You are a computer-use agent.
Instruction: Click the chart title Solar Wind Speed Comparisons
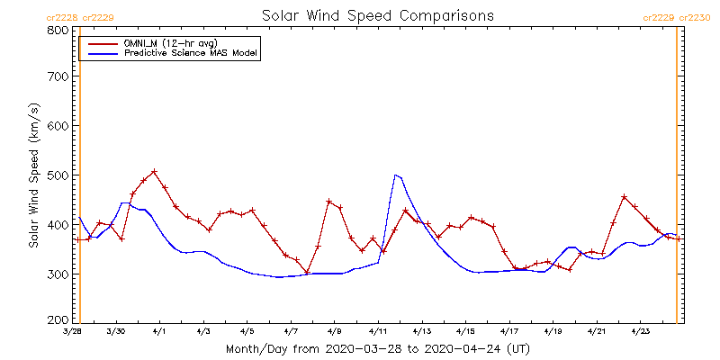click(378, 16)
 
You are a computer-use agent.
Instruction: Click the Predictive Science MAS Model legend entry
click(191, 54)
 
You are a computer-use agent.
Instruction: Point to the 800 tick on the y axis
click(58, 30)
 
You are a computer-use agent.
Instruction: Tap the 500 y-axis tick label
click(58, 175)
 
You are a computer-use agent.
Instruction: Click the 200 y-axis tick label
click(58, 319)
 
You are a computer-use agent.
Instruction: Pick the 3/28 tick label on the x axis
click(73, 331)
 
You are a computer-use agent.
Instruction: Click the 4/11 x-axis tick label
click(378, 331)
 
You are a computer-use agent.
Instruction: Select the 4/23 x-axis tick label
click(640, 331)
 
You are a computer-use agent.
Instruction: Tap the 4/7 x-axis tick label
click(291, 331)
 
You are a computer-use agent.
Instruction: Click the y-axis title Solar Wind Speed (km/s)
click(33, 175)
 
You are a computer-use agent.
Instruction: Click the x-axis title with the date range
click(378, 348)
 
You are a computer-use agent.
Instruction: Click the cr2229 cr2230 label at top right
click(677, 17)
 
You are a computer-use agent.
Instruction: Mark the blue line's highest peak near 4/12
click(395, 175)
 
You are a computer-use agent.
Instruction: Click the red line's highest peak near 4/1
click(154, 171)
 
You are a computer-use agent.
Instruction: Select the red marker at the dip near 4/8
click(307, 272)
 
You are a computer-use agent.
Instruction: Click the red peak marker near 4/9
click(328, 201)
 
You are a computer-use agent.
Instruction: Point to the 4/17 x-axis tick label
click(509, 331)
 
